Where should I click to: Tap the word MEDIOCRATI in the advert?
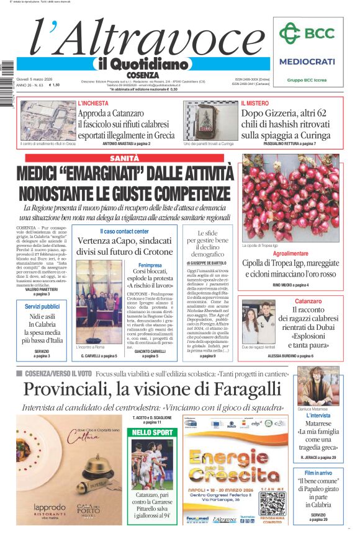307,61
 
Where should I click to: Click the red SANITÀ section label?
124,159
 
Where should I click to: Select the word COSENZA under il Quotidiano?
143,74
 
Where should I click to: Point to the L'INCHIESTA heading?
92,103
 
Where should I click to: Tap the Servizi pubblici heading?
42,307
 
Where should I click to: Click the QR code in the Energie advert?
272,504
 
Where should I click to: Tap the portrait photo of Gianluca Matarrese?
318,386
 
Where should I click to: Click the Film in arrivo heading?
319,473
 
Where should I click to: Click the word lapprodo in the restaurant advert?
49,507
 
